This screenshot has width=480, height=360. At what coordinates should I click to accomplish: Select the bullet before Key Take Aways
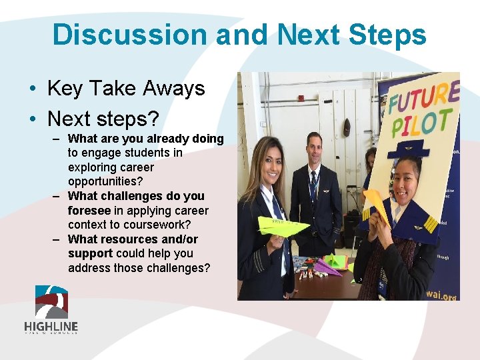[x=32, y=89]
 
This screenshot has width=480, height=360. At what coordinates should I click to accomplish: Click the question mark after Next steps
[x=153, y=119]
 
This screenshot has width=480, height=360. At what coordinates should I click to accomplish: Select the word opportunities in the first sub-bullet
[x=101, y=181]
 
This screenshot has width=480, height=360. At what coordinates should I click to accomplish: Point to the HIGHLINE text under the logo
[x=51, y=327]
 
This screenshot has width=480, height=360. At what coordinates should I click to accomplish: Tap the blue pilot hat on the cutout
[x=408, y=147]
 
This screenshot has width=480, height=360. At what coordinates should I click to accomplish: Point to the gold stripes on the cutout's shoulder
[x=431, y=223]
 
